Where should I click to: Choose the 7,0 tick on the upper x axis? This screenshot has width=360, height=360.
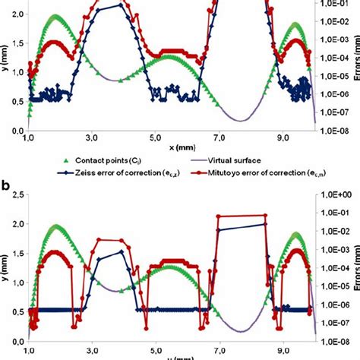[x=219, y=139]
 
